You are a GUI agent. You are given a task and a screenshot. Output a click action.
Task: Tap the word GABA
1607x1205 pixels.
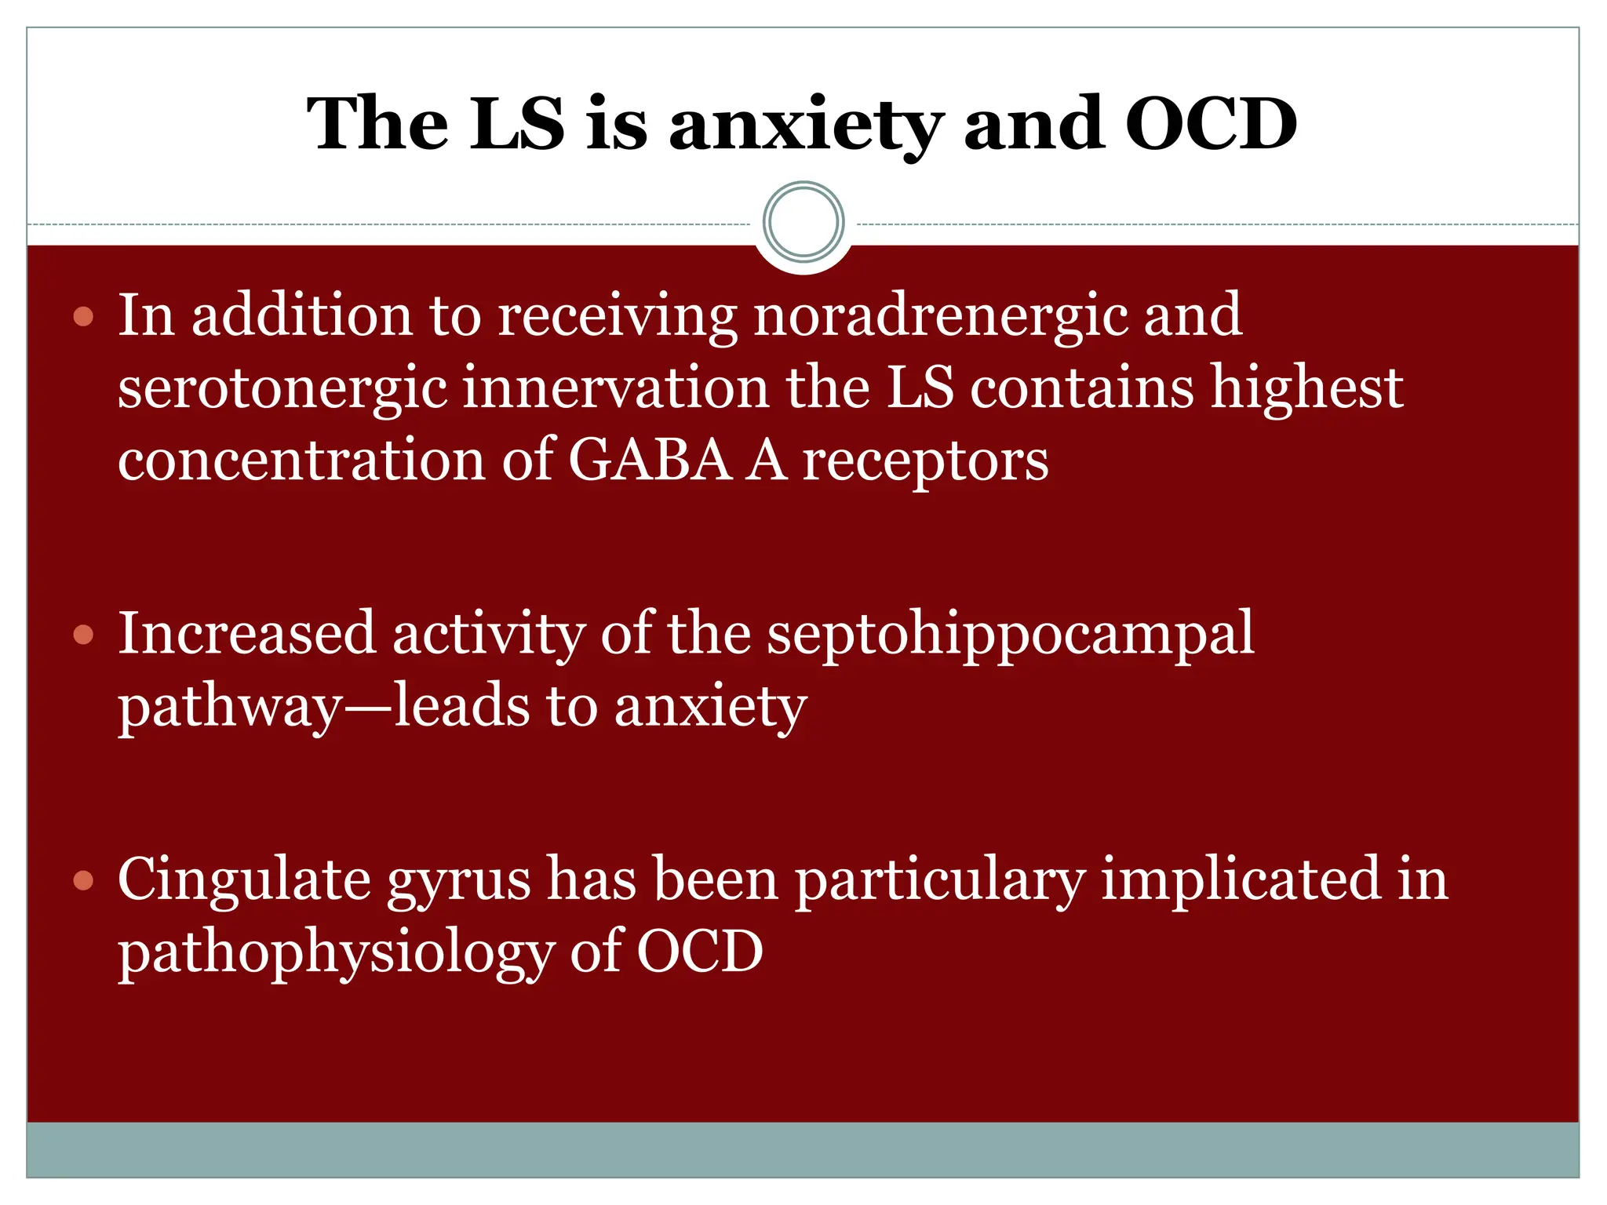pos(649,461)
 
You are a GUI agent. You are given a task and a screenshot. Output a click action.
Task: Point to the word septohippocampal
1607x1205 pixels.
pos(1010,635)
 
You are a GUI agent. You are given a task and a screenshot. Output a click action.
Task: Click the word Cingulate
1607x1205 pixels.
pos(244,880)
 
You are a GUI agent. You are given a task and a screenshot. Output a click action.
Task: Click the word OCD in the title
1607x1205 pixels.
pos(1211,124)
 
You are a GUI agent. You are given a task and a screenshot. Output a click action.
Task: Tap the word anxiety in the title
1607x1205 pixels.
pos(806,126)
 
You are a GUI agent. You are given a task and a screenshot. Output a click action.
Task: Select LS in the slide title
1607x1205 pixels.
pos(517,124)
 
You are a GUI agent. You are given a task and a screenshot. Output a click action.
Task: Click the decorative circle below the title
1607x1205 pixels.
pos(803,222)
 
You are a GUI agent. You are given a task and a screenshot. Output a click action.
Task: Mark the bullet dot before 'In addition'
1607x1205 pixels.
pos(83,317)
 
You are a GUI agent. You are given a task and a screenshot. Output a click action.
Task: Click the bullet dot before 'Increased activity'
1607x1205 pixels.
pos(83,635)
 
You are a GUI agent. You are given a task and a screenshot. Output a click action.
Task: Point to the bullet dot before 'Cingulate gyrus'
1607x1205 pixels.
pos(83,880)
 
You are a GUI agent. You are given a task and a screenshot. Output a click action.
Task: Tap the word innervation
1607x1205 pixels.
pos(616,388)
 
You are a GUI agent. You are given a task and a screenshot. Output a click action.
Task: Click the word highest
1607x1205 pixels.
pos(1306,388)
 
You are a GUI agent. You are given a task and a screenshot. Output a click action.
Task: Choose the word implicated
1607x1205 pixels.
pos(1240,880)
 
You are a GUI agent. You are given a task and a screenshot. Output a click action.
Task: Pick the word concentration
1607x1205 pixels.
pos(301,461)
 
